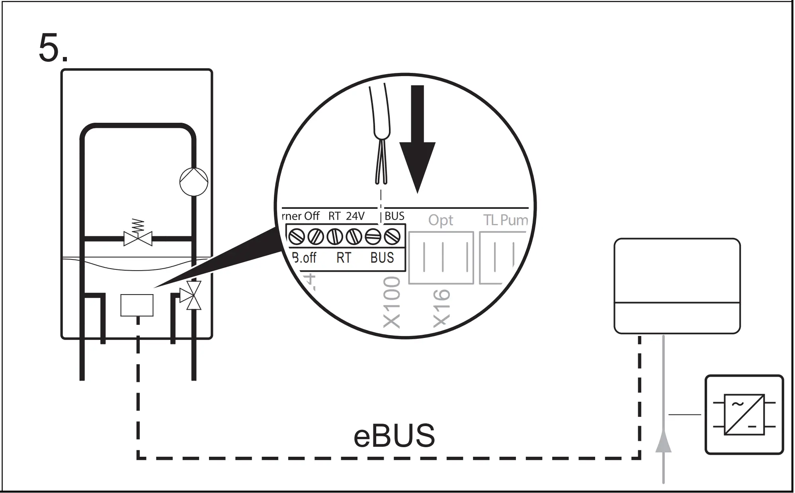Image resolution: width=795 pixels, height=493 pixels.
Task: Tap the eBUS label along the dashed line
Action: coord(394,436)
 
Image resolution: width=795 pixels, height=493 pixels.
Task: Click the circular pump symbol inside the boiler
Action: coord(194,182)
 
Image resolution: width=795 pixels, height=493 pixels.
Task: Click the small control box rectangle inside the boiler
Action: coord(137,305)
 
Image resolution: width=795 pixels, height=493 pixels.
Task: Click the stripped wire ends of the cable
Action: coord(381,167)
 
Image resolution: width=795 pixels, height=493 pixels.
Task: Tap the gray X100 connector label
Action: coord(392,302)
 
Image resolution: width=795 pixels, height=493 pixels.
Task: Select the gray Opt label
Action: coord(441,220)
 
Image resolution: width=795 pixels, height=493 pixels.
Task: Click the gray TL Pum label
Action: coord(506,220)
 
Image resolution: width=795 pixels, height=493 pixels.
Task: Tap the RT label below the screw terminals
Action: coord(344,258)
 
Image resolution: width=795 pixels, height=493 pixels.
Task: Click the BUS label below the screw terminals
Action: coord(382,258)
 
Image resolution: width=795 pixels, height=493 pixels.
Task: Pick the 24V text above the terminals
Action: coord(355,216)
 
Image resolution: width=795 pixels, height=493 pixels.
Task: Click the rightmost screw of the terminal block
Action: coord(392,237)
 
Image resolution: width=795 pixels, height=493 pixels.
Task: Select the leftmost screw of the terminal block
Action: coord(297,237)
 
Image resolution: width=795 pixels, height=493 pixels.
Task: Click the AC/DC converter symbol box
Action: coord(744,414)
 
